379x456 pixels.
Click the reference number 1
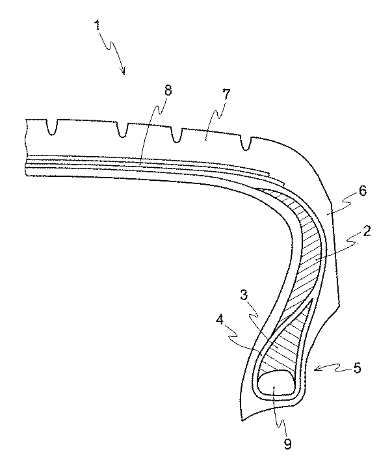pyautogui.click(x=97, y=25)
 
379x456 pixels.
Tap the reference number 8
pyautogui.click(x=168, y=90)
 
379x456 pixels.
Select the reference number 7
pyautogui.click(x=226, y=94)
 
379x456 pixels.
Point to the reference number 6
pyautogui.click(x=363, y=191)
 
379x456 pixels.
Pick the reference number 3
pyautogui.click(x=244, y=295)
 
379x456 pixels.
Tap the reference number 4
pyautogui.click(x=220, y=320)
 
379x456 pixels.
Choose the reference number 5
pyautogui.click(x=357, y=368)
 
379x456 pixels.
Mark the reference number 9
pyautogui.click(x=287, y=444)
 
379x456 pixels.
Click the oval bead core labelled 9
pyautogui.click(x=276, y=382)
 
